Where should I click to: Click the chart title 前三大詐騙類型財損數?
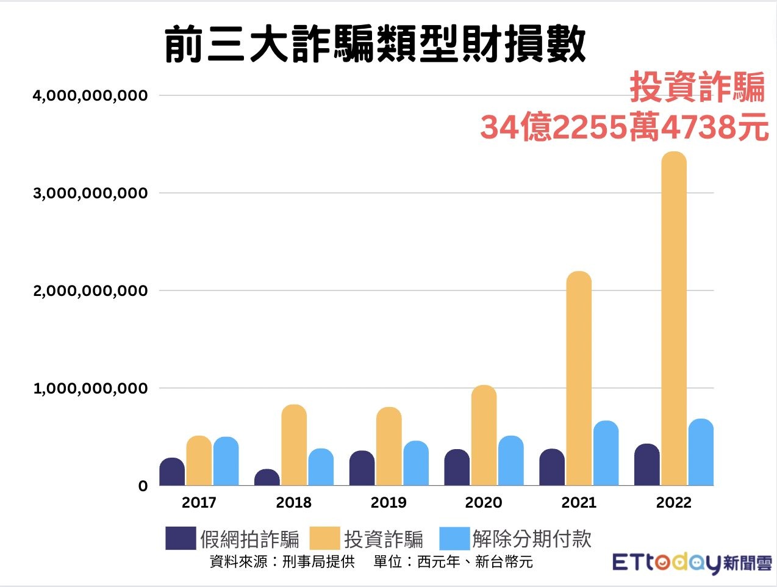[375, 44]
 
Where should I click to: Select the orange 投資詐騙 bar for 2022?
[673, 317]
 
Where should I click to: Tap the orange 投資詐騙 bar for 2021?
[579, 378]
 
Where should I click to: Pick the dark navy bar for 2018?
[267, 477]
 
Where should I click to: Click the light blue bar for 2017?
[226, 461]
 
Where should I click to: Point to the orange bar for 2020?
[484, 435]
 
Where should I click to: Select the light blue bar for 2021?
[606, 453]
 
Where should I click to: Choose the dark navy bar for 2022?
[646, 464]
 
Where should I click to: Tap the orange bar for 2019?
[389, 446]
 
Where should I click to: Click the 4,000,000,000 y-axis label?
[90, 96]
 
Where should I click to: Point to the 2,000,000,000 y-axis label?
[90, 291]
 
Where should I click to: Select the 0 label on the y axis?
[143, 486]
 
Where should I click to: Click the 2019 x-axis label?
[389, 503]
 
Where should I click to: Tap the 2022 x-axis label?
[673, 503]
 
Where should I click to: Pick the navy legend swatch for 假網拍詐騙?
[181, 538]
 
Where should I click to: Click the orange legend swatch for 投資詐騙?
[324, 538]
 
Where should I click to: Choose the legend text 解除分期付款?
[532, 539]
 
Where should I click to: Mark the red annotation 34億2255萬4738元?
[624, 128]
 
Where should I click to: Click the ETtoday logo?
[692, 562]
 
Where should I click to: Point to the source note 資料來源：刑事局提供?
[282, 561]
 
